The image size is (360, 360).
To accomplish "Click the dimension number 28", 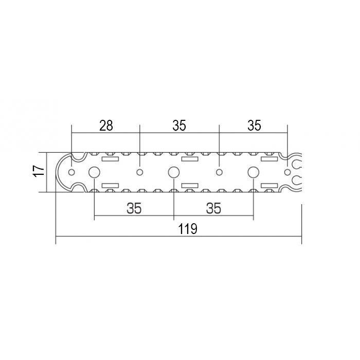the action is pos(106,125).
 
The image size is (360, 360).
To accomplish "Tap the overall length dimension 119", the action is pos(188,229).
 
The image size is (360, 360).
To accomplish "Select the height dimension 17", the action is pos(39,171).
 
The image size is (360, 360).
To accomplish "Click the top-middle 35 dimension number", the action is pos(179,125).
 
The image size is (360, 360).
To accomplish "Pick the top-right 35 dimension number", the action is pos(255,125).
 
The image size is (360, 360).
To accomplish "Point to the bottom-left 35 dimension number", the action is pos(134,208).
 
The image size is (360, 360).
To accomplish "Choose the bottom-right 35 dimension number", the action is pos(213,208).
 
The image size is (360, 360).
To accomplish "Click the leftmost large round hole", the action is pos(94,172).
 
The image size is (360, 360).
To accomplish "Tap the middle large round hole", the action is pos(174,172).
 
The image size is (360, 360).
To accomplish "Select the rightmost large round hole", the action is pos(254,172).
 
